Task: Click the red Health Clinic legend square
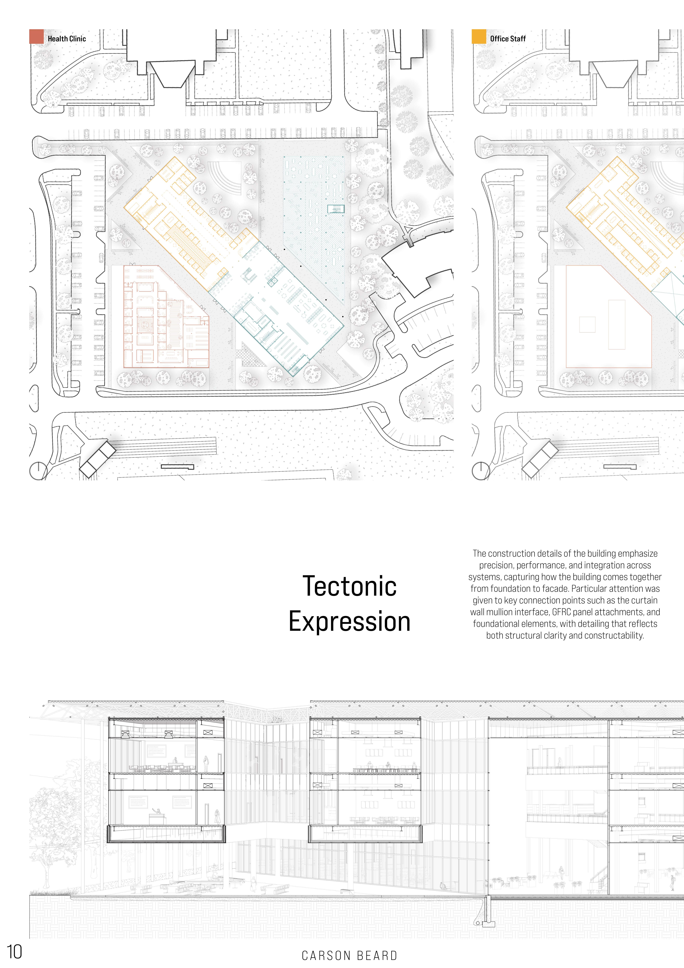[x=36, y=37]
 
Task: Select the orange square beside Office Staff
[x=479, y=37]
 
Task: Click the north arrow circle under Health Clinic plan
[x=38, y=471]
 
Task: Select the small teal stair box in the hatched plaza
[x=336, y=208]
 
